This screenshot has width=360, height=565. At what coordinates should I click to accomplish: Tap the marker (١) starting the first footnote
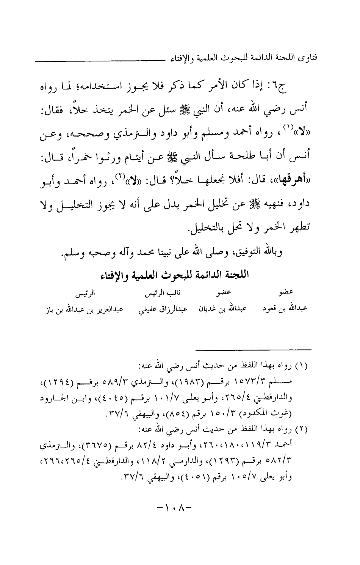(x=305, y=366)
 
